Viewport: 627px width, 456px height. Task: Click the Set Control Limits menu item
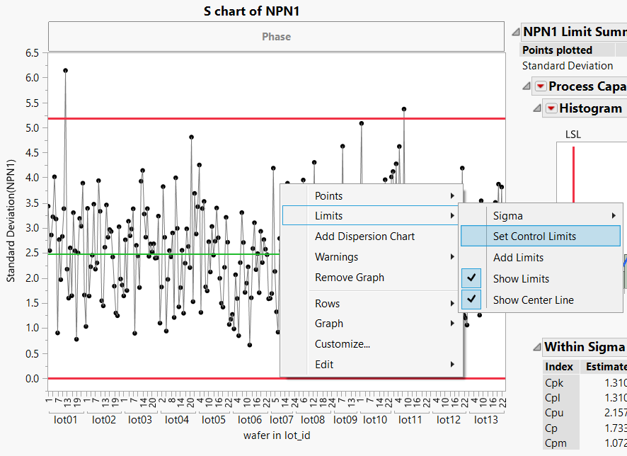(534, 236)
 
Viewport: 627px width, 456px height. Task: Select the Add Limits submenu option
(518, 258)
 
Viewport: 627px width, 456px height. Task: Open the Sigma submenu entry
(508, 215)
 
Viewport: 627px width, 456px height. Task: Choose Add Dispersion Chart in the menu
(364, 236)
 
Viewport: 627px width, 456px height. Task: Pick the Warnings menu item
(336, 257)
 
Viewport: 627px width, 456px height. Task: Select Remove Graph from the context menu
(350, 278)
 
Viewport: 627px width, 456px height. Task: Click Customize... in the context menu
(343, 344)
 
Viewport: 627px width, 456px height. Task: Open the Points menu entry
(328, 195)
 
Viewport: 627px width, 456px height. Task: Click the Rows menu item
(327, 304)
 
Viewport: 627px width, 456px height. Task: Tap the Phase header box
(276, 37)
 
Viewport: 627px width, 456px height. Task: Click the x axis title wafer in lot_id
(276, 435)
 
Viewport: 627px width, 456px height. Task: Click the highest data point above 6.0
(65, 70)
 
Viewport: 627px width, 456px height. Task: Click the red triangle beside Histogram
(551, 108)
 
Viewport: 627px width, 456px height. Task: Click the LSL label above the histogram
(573, 134)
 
